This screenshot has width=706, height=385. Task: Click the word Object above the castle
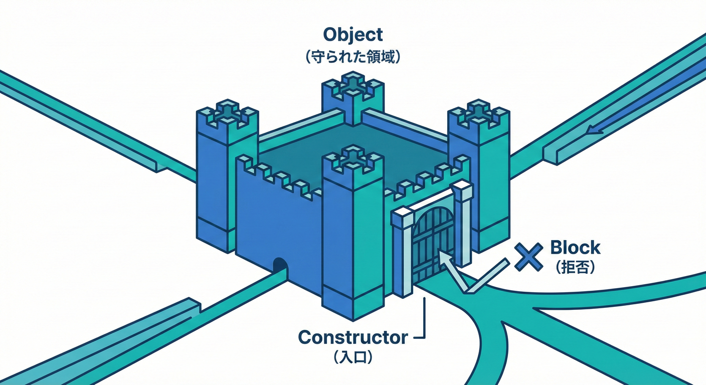click(x=352, y=35)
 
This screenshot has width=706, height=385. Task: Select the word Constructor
click(x=352, y=337)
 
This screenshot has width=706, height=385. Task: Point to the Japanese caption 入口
click(x=352, y=358)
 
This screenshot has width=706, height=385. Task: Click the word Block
click(x=575, y=248)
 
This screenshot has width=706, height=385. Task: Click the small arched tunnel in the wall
click(x=280, y=266)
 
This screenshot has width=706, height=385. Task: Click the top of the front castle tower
click(x=352, y=158)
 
